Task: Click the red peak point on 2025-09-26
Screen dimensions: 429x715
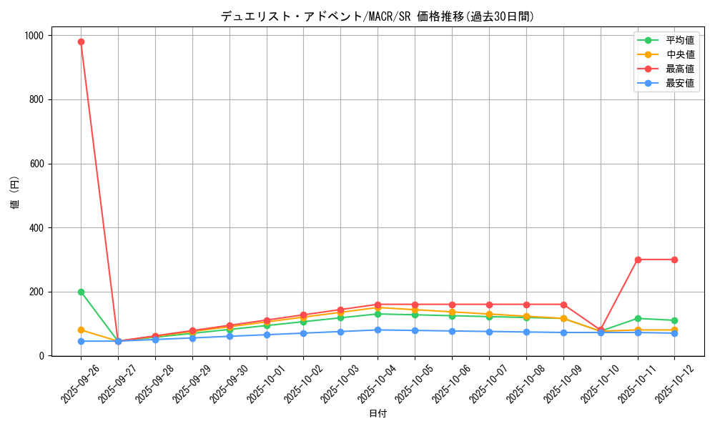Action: (x=81, y=41)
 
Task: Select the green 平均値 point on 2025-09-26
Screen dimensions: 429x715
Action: (x=81, y=292)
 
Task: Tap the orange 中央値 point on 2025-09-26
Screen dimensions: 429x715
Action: (x=81, y=330)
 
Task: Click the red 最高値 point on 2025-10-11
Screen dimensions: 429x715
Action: (x=638, y=260)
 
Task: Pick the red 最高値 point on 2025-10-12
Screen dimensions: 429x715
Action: (x=674, y=260)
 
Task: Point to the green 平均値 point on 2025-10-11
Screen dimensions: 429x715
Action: (x=638, y=318)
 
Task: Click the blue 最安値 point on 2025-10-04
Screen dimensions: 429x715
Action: (x=378, y=330)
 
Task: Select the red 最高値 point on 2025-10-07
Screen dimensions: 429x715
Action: (x=489, y=305)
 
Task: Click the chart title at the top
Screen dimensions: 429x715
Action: (x=378, y=16)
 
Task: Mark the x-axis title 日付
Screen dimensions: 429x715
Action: (x=378, y=414)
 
